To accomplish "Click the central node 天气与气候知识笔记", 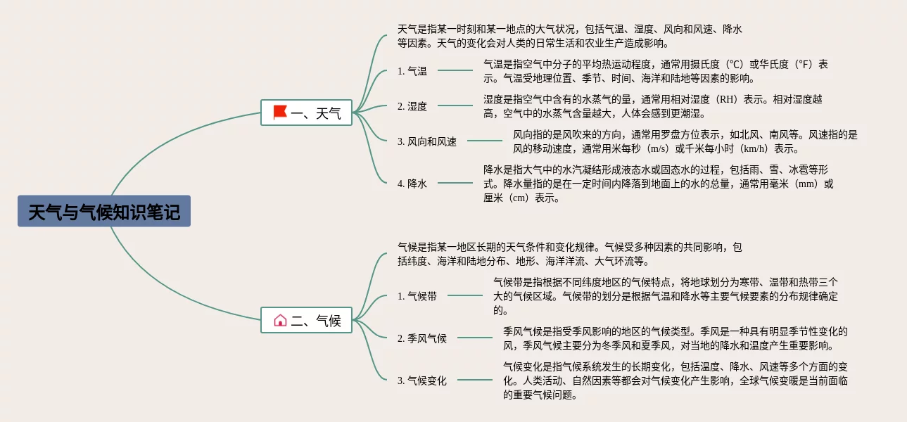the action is [x=104, y=211].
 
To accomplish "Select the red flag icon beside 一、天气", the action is [x=280, y=112].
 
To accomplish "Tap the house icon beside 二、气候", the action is [x=280, y=320].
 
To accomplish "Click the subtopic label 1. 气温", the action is [x=412, y=71].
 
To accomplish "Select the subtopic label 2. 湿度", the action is [x=412, y=106].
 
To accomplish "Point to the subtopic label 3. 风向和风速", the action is [x=427, y=141].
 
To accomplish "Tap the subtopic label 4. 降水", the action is [x=412, y=184].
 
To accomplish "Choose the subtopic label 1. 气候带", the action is [x=417, y=296].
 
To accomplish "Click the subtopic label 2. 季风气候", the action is [x=422, y=338].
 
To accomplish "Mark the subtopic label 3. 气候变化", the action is [x=422, y=381].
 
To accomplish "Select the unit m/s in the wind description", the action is [x=659, y=148].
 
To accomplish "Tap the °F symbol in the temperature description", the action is [x=802, y=65].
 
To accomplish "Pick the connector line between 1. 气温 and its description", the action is [x=455, y=70].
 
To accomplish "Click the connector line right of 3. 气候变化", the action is [x=475, y=380].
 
